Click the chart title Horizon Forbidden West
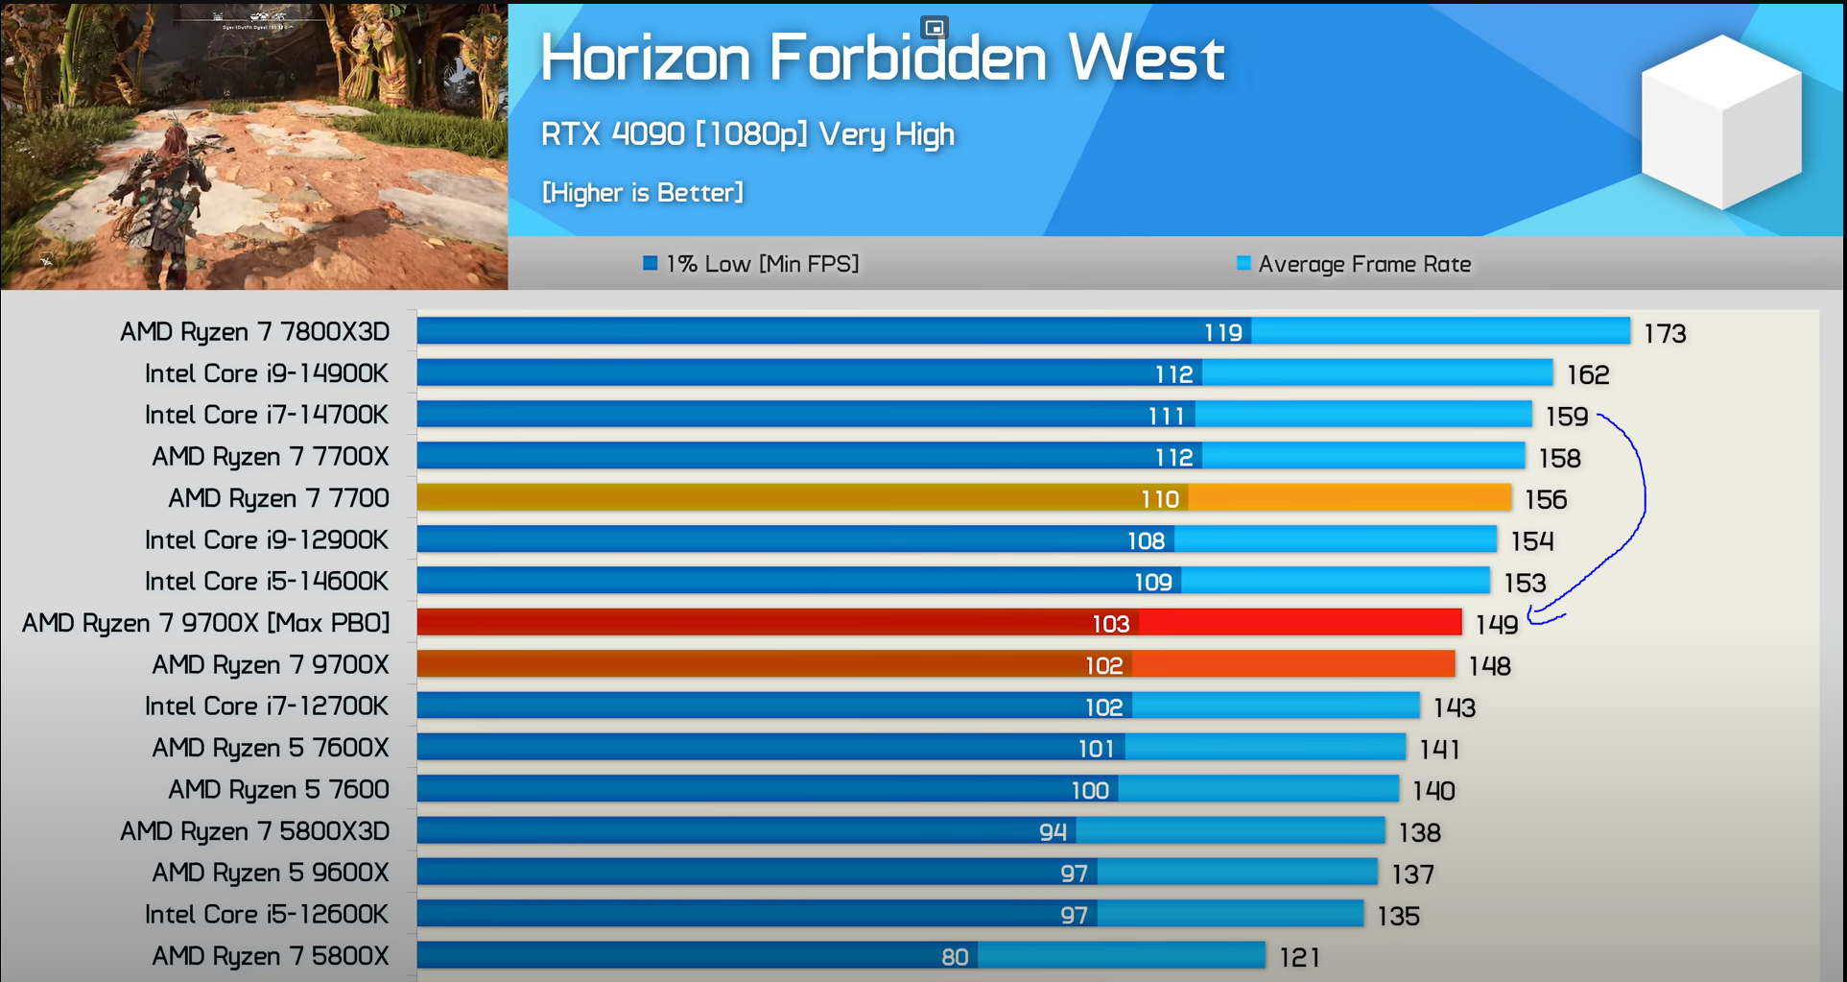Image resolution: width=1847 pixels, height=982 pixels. (882, 58)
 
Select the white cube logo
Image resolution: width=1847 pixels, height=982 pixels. (1721, 122)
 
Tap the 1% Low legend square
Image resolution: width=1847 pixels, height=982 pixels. (650, 263)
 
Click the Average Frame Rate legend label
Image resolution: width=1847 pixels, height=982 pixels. (1364, 264)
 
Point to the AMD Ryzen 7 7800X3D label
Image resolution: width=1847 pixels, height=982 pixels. (254, 332)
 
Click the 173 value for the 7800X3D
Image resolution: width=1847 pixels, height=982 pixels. (1665, 334)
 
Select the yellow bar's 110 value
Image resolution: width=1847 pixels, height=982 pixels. (1159, 499)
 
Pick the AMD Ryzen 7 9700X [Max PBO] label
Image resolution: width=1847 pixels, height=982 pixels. (205, 623)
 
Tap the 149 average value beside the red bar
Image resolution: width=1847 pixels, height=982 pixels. (1497, 625)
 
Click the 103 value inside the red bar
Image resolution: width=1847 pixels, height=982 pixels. (1110, 624)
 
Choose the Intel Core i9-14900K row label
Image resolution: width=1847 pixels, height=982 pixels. (266, 373)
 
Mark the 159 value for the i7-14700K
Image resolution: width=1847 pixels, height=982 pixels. (1567, 417)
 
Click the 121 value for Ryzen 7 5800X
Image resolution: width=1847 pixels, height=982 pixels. (1300, 957)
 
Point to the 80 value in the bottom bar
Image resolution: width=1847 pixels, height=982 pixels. (955, 957)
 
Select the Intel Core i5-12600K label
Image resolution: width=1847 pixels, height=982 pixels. (266, 914)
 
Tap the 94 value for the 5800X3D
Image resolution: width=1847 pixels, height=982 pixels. (1053, 832)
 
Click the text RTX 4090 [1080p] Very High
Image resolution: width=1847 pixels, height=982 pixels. (747, 134)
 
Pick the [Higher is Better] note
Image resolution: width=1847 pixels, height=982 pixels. (642, 193)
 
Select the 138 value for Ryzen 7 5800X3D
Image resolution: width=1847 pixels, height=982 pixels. (1420, 832)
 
